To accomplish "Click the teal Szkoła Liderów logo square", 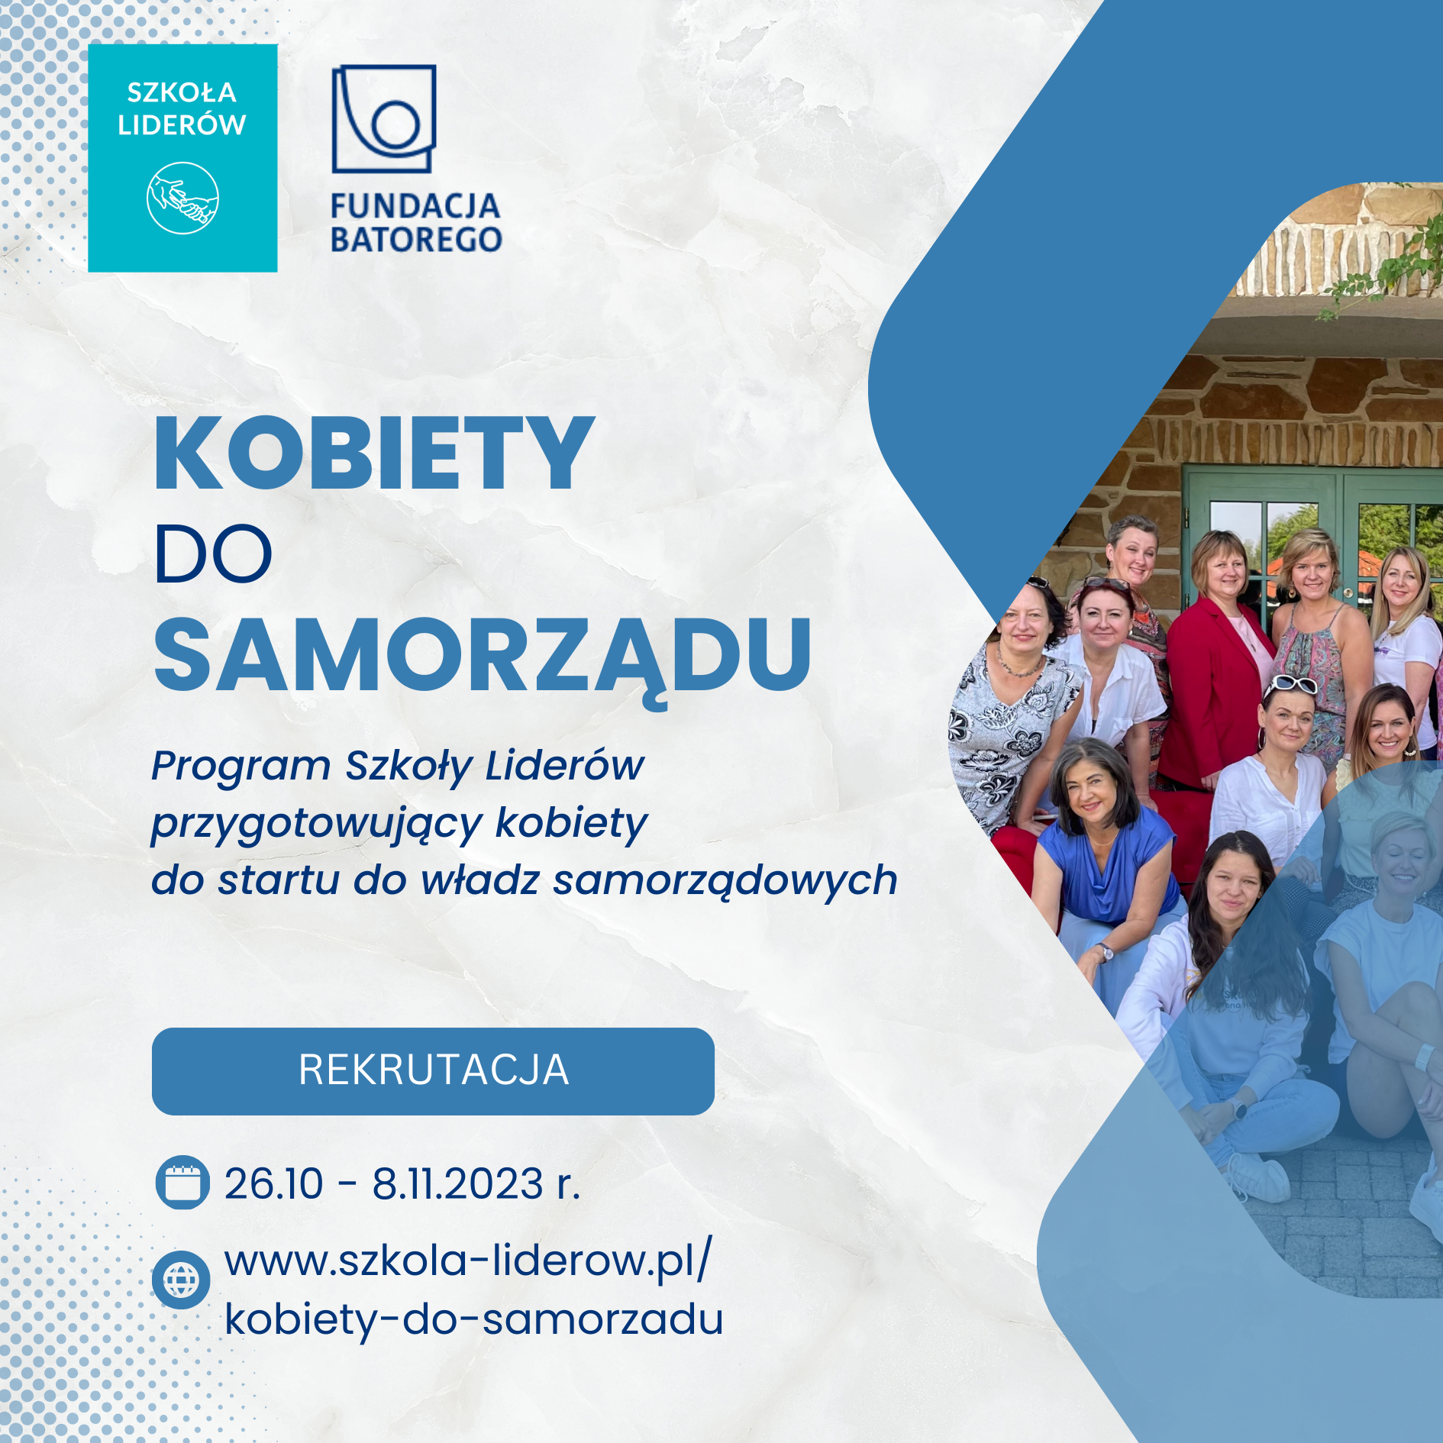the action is pyautogui.click(x=182, y=158).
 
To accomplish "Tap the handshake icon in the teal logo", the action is pyautogui.click(x=182, y=199).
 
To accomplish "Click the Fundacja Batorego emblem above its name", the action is pyautogui.click(x=384, y=118).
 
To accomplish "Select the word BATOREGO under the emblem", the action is pyautogui.click(x=416, y=240).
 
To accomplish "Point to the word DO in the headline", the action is pyautogui.click(x=213, y=554).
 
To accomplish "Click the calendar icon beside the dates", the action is pyautogui.click(x=182, y=1183).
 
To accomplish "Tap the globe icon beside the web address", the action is pyautogui.click(x=181, y=1280).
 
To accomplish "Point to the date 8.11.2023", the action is pyautogui.click(x=457, y=1184).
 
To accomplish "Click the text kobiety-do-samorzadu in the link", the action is pyautogui.click(x=474, y=1320).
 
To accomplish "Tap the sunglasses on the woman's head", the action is pyautogui.click(x=1290, y=685).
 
